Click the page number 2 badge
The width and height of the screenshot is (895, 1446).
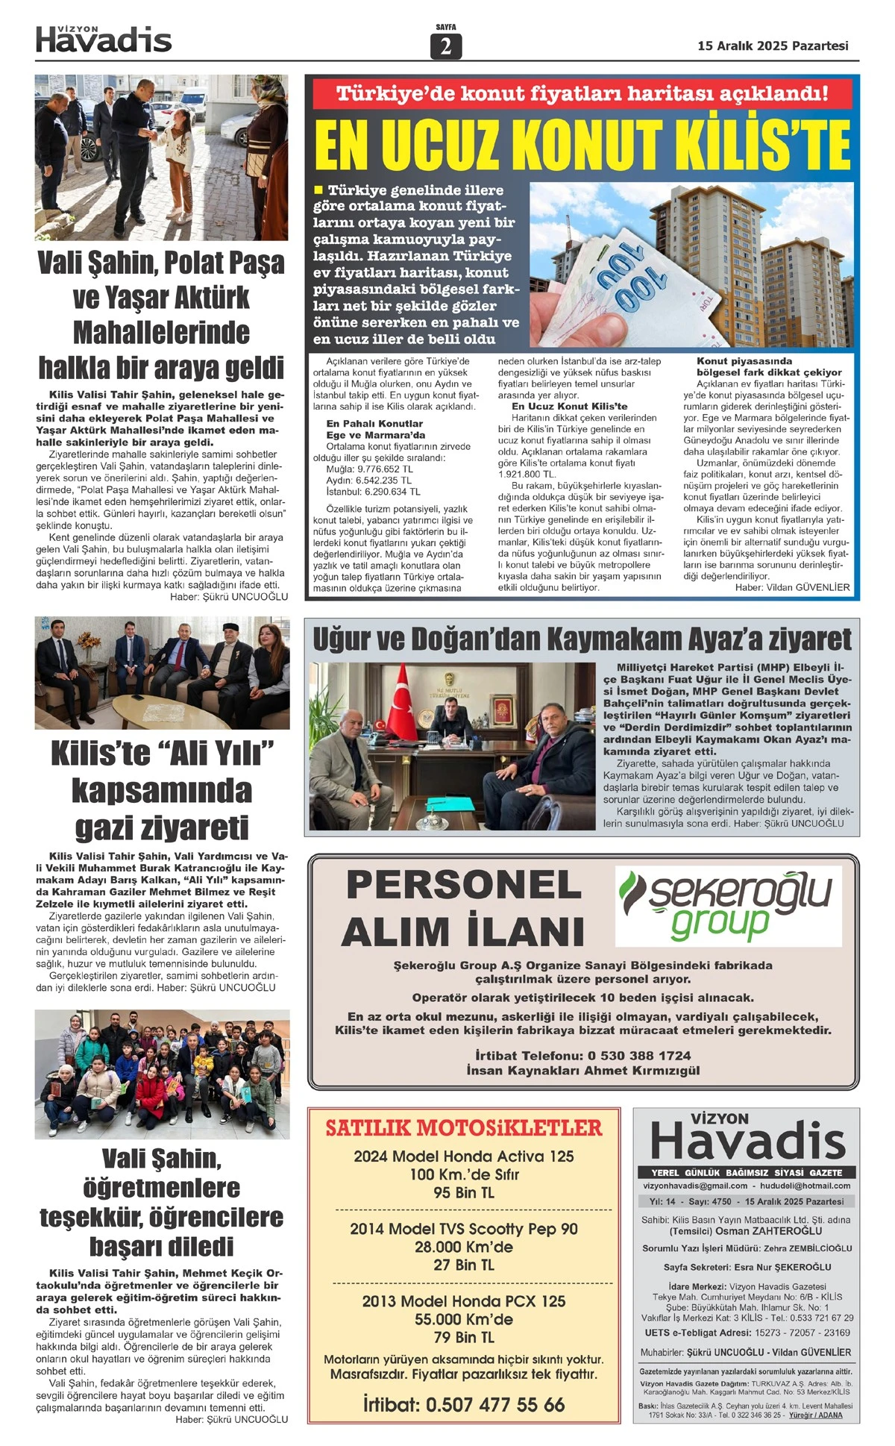point(446,46)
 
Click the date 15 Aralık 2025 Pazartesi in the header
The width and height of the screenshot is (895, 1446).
point(773,46)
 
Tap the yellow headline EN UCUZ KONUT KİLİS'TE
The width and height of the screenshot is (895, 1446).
point(582,145)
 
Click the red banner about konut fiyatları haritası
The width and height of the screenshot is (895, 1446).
point(582,94)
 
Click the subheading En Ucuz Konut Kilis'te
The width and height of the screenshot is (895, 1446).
point(569,406)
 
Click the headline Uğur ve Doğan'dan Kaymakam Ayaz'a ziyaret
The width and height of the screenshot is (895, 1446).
point(582,639)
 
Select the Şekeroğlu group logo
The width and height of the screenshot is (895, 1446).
point(727,904)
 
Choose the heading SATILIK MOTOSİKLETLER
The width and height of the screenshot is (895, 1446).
point(463,1127)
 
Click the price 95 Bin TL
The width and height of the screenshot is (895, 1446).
point(463,1192)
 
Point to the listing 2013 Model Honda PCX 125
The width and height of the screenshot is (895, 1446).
point(463,1301)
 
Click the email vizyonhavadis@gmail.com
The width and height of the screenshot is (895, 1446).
point(695,1186)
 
